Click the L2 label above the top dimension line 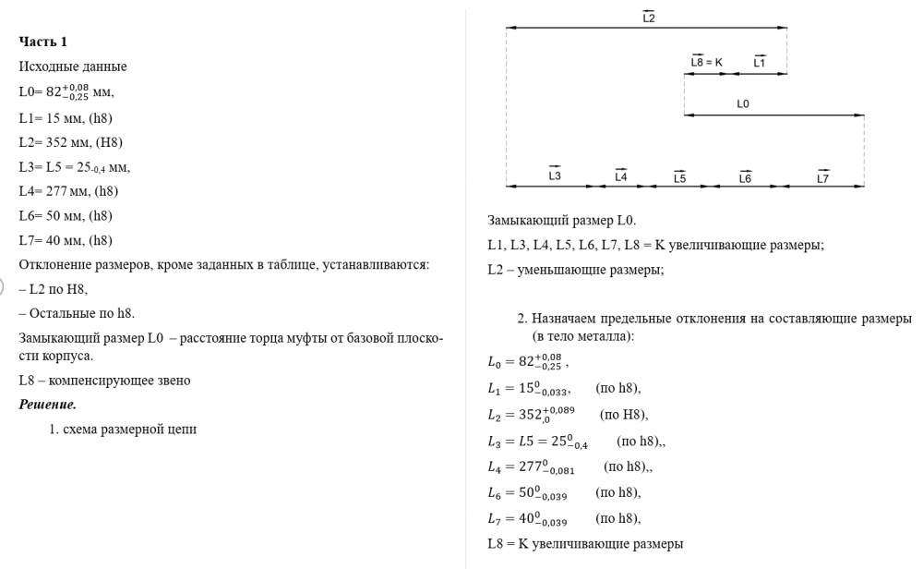(648, 18)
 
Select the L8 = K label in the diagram (706, 63)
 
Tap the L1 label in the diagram (759, 63)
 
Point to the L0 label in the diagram (743, 104)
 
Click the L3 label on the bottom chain (555, 176)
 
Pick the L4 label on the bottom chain (621, 176)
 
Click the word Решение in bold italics (47, 405)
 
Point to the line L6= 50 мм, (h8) (65, 216)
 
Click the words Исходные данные (72, 67)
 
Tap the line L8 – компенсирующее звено (104, 381)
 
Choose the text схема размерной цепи (129, 429)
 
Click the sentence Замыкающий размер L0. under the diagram (561, 221)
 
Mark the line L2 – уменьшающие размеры (575, 270)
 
